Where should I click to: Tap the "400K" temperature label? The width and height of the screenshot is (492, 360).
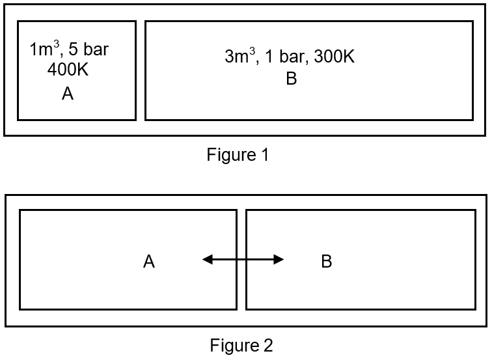pyautogui.click(x=68, y=70)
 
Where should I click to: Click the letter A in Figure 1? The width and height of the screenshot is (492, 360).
pyautogui.click(x=68, y=94)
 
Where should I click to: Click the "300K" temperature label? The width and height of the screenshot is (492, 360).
pyautogui.click(x=335, y=57)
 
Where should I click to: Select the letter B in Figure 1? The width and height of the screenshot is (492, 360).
pyautogui.click(x=292, y=79)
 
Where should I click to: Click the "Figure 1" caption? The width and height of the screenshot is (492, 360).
pyautogui.click(x=238, y=155)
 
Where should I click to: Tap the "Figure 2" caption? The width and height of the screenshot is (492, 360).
pyautogui.click(x=241, y=345)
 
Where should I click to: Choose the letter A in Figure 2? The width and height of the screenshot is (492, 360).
pyautogui.click(x=149, y=262)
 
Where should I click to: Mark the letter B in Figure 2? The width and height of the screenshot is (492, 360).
pyautogui.click(x=327, y=262)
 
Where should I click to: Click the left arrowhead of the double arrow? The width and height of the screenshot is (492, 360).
pyautogui.click(x=208, y=260)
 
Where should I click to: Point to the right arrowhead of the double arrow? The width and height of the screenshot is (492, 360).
pyautogui.click(x=279, y=260)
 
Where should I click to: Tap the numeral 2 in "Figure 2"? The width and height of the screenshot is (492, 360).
pyautogui.click(x=268, y=345)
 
